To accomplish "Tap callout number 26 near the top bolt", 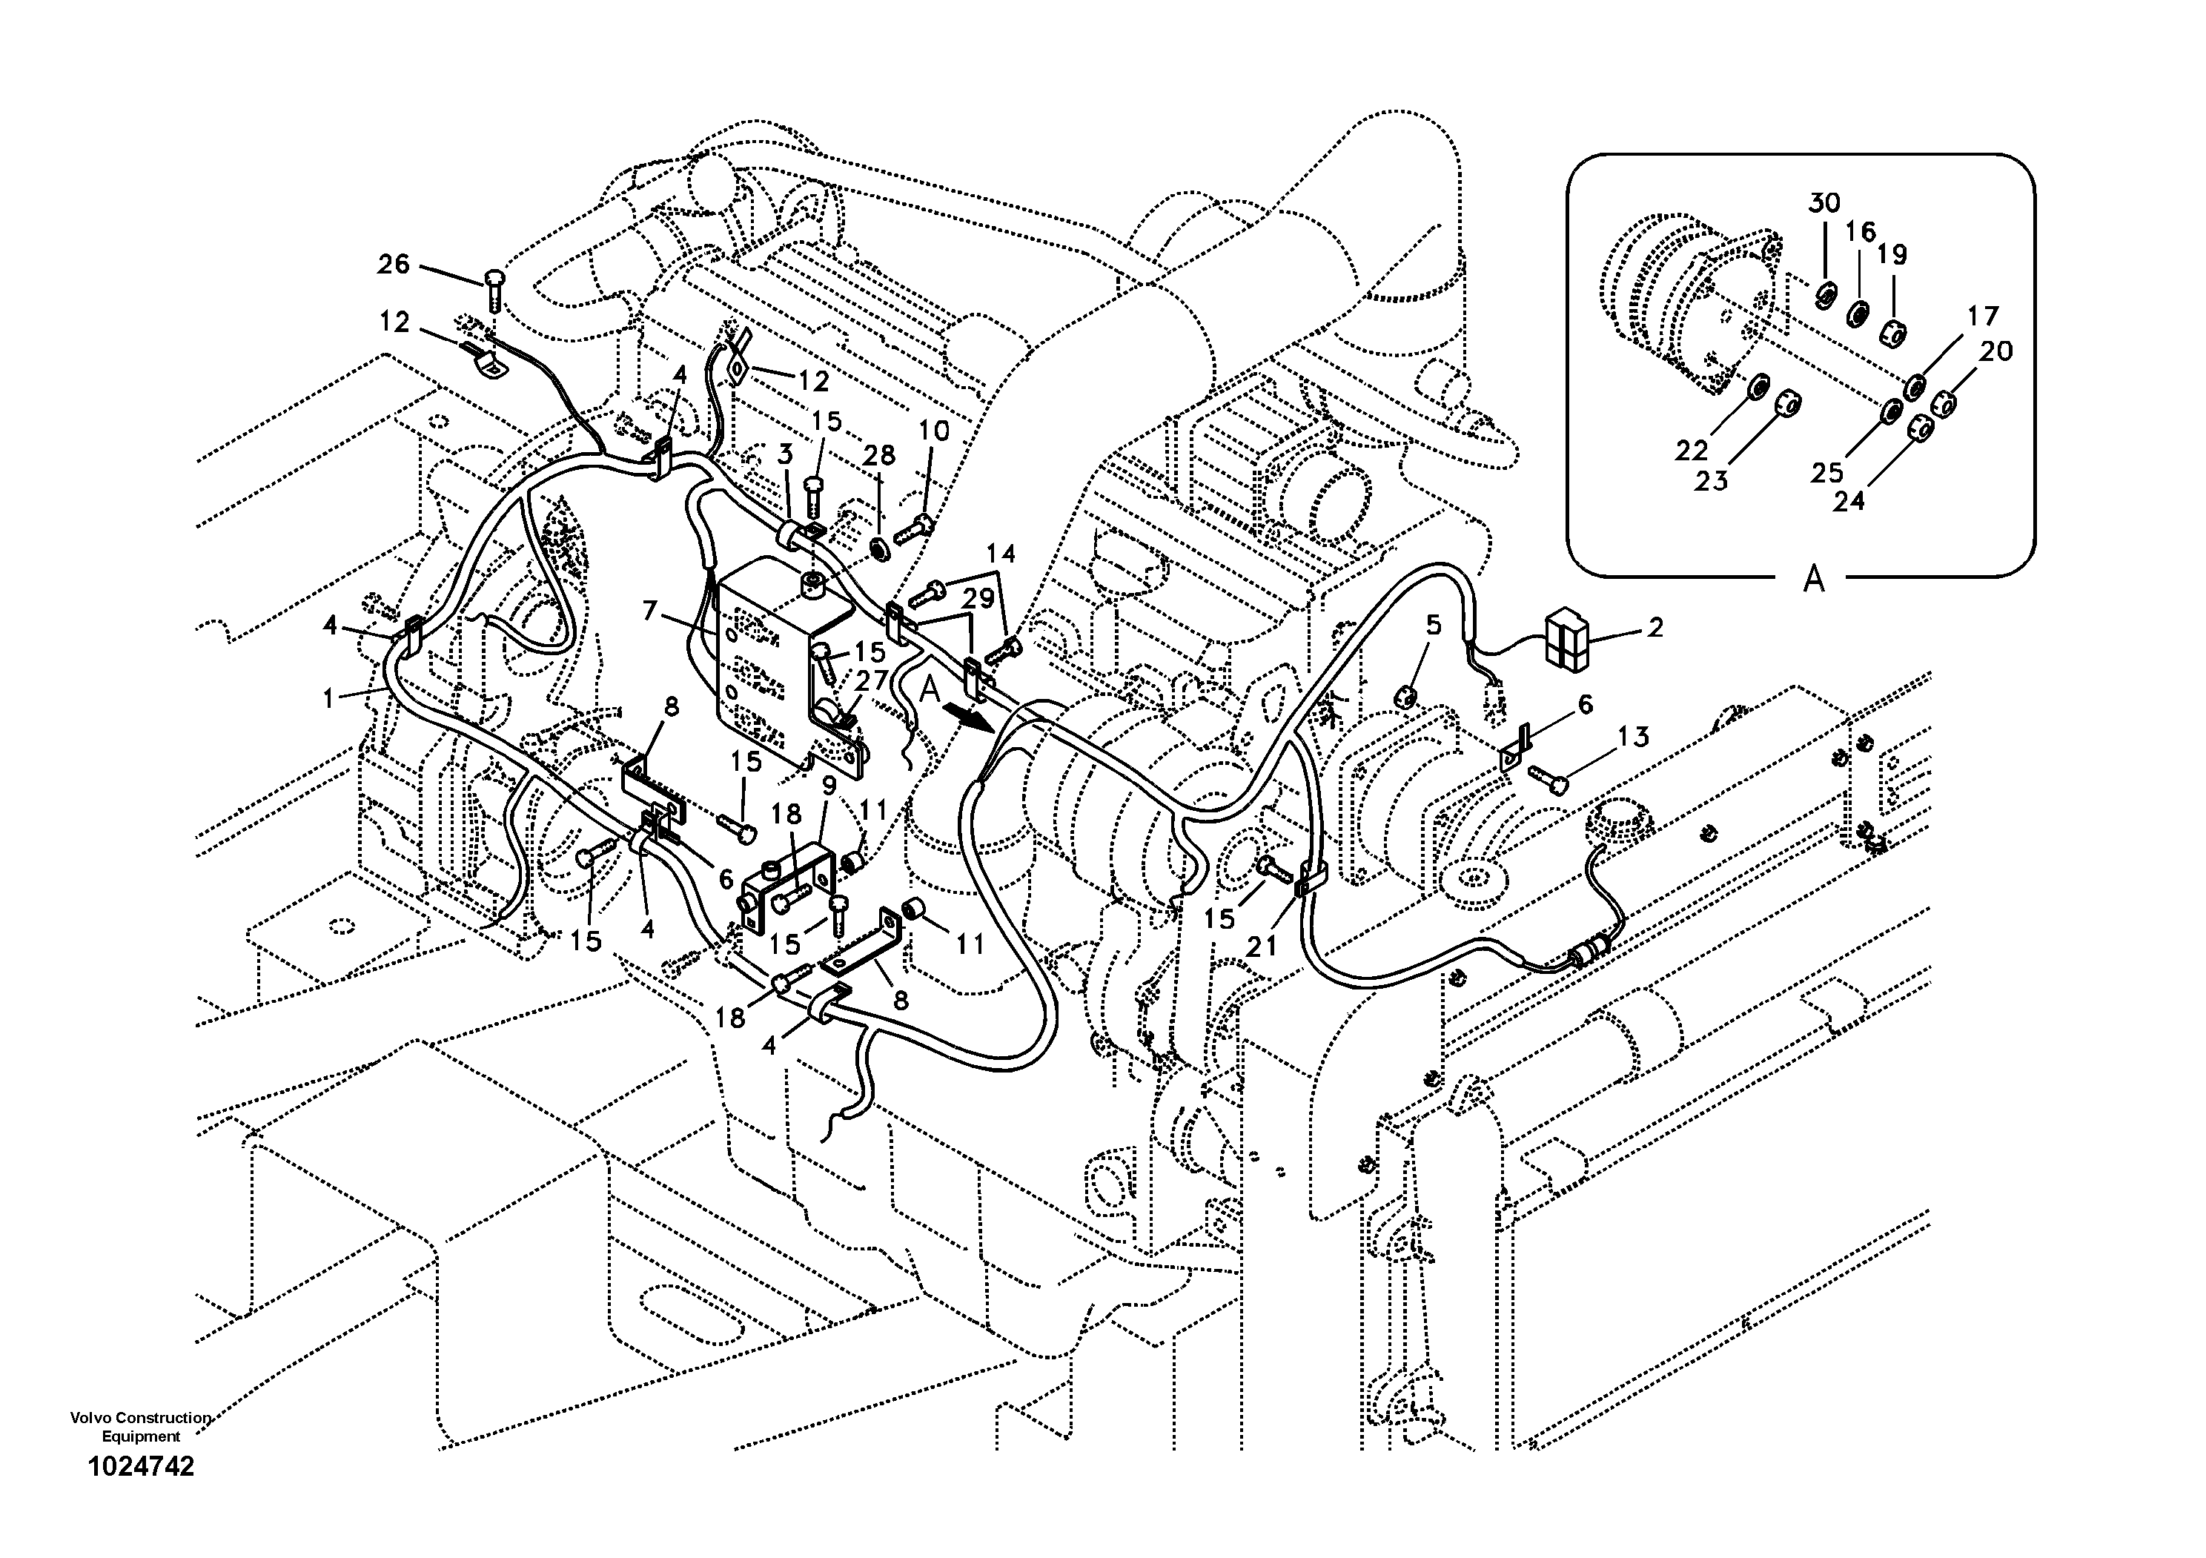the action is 393,264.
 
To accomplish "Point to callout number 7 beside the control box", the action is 651,610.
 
